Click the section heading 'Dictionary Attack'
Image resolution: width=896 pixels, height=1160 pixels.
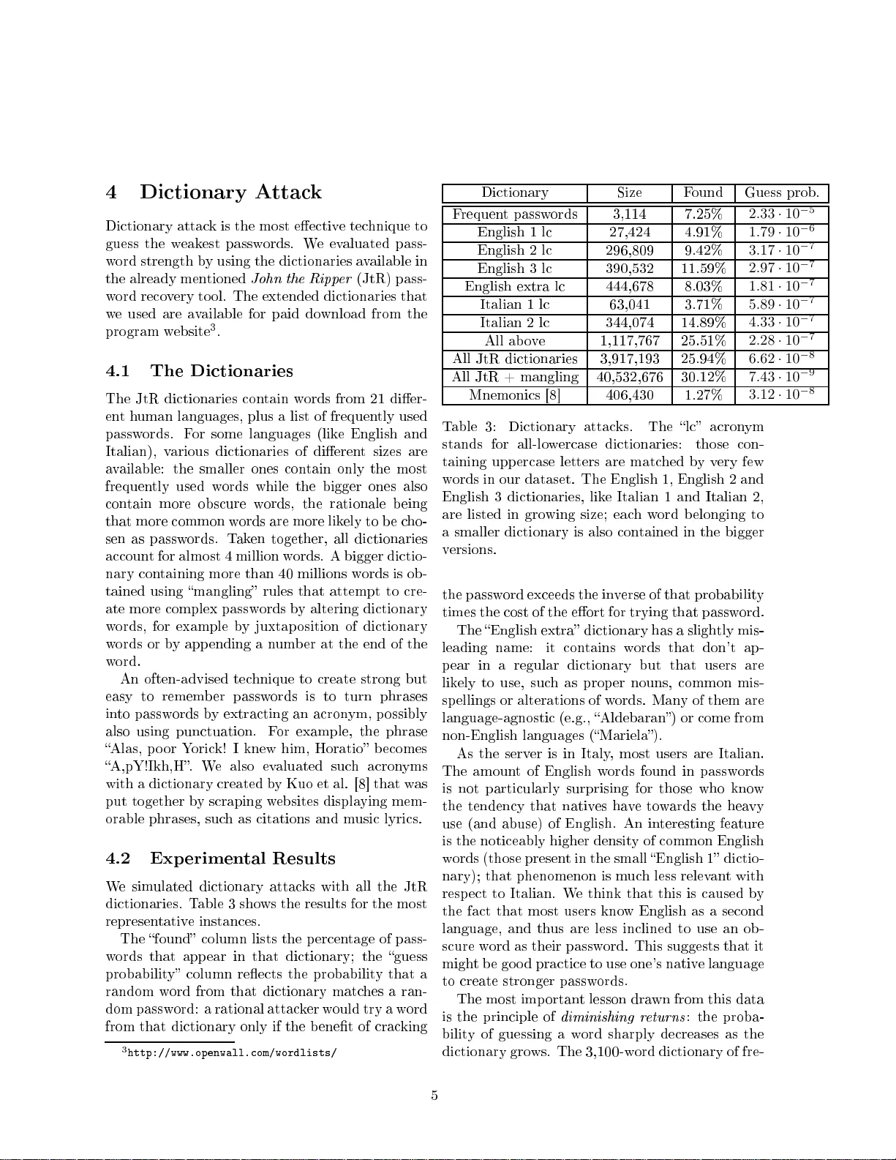coord(230,192)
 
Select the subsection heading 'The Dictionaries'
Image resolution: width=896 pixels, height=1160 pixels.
coord(222,371)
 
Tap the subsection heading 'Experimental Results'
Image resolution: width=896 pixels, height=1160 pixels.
coord(243,858)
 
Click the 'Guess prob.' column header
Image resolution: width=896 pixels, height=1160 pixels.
coord(782,193)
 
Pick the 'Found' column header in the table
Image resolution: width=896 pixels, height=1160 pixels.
coord(703,193)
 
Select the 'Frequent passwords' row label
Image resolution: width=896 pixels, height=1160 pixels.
coord(515,214)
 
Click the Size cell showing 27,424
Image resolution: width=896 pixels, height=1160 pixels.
coord(630,233)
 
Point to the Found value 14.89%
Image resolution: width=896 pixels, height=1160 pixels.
coord(703,323)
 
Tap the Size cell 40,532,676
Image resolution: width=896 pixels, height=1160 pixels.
coord(630,377)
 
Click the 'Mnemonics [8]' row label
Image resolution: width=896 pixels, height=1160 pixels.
coord(515,395)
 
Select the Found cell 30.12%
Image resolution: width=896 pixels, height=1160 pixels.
coord(703,377)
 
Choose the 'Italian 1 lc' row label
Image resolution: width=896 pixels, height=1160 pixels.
coord(515,304)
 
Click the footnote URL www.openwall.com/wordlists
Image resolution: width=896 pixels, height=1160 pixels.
coord(232,1053)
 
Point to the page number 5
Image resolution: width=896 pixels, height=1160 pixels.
coord(434,1096)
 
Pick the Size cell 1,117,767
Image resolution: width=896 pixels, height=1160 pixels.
coord(630,341)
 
